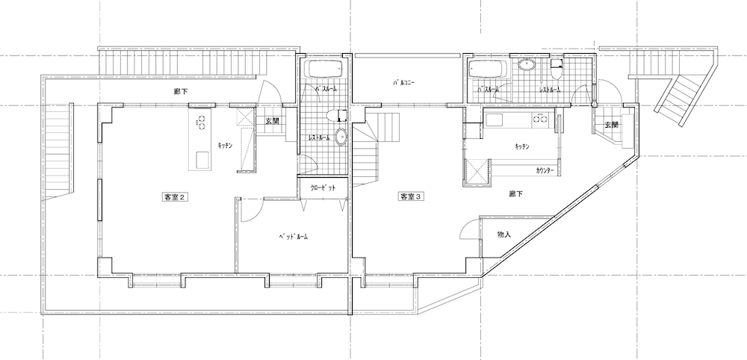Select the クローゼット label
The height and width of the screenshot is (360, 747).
[x=323, y=187]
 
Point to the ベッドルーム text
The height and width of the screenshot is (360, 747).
[x=293, y=236]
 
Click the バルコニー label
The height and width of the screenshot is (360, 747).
[x=404, y=82]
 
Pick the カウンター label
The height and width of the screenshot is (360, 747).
[x=545, y=170]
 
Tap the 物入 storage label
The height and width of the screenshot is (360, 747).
[x=504, y=235]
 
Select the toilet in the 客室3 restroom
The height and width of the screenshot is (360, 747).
[x=556, y=69]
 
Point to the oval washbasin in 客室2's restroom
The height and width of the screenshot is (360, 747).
[x=341, y=137]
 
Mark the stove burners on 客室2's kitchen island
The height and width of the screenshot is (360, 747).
[x=201, y=122]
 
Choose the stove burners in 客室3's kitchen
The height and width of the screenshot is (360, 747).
[x=542, y=117]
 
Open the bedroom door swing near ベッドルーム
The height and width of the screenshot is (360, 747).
[x=252, y=211]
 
